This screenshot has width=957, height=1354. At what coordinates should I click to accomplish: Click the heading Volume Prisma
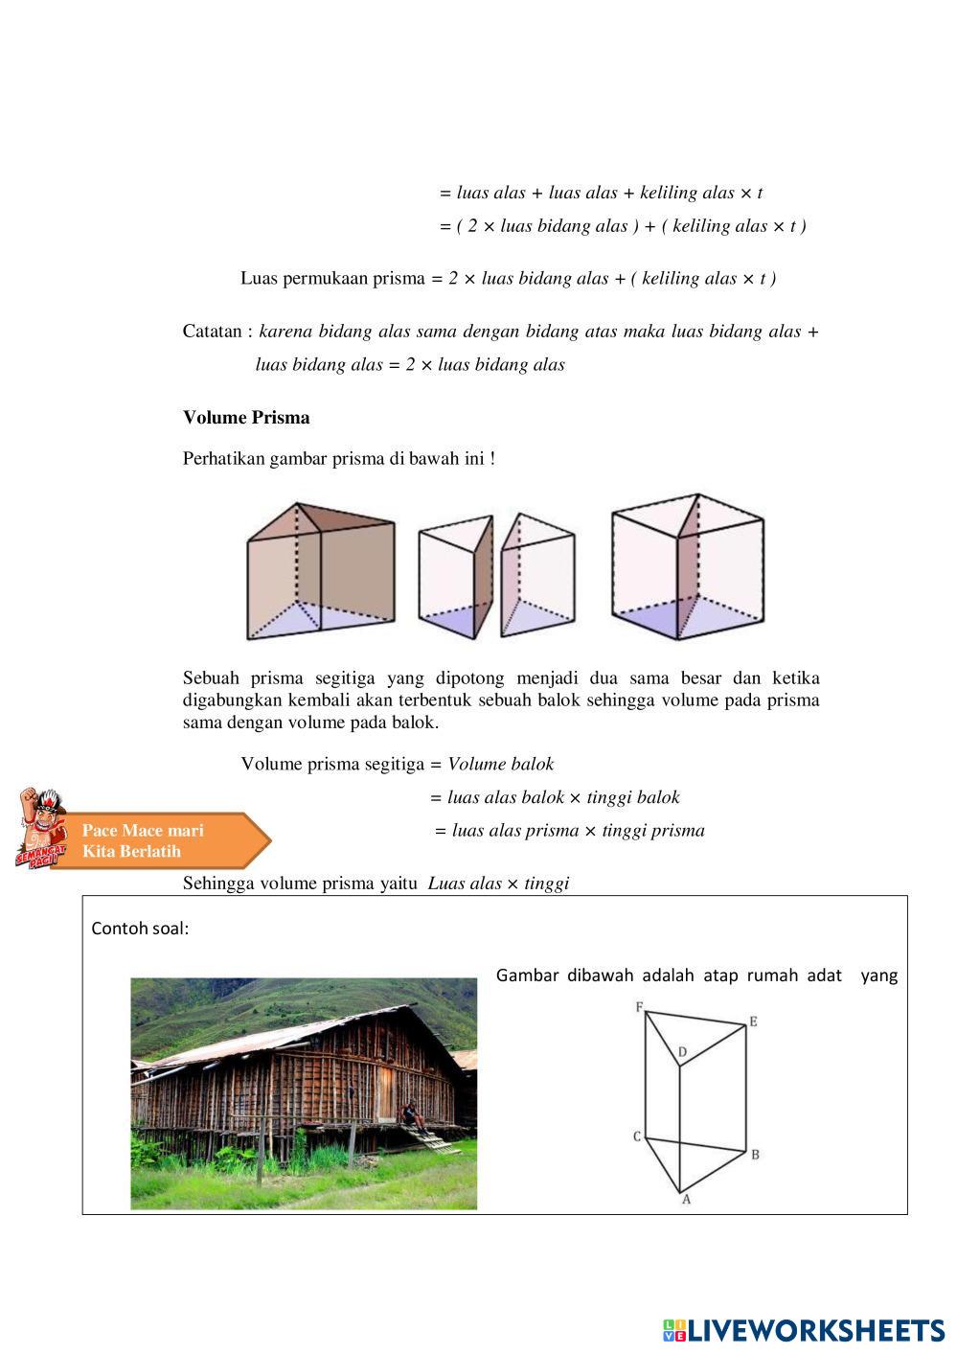(x=246, y=418)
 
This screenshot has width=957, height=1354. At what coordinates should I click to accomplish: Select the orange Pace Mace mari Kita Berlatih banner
(x=158, y=841)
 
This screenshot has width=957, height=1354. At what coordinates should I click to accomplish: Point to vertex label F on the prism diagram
(x=638, y=1006)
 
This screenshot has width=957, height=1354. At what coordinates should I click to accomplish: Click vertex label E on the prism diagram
(x=754, y=1021)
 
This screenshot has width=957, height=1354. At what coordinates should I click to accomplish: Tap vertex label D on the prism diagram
(x=682, y=1052)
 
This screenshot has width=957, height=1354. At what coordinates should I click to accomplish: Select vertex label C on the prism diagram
(x=636, y=1136)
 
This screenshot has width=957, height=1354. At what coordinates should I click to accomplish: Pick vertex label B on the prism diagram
(x=755, y=1155)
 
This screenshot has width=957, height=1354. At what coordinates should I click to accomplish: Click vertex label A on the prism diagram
(x=686, y=1200)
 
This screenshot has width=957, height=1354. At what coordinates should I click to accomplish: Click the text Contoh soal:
(x=140, y=929)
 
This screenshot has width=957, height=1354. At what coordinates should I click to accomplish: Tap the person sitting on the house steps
(x=410, y=1113)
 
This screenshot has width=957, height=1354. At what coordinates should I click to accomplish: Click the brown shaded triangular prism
(x=320, y=570)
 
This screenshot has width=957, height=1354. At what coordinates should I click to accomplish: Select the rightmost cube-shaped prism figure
(x=687, y=567)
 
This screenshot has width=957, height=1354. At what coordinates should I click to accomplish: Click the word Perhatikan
(x=224, y=459)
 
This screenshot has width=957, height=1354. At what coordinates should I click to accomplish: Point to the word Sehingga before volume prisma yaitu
(x=218, y=884)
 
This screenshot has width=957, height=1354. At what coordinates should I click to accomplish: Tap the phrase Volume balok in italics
(x=500, y=765)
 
